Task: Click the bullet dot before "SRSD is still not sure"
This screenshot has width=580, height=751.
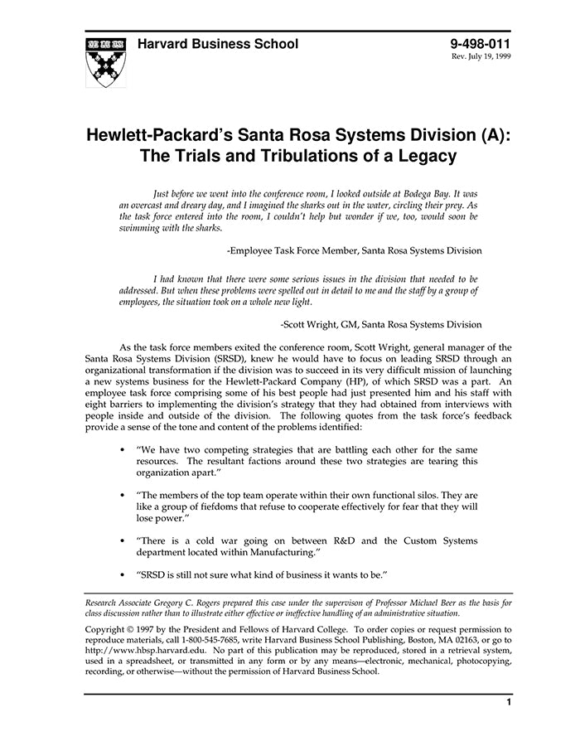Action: [123, 574]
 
